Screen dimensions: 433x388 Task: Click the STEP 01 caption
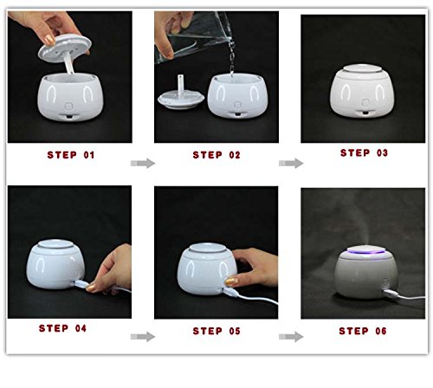[x=71, y=155]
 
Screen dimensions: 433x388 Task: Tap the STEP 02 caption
[x=216, y=155]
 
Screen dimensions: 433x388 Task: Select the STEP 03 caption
[x=364, y=152]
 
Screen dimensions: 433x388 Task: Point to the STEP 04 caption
[x=62, y=328]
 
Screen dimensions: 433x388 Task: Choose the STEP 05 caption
[x=216, y=331]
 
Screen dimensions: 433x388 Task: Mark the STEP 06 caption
[x=363, y=331]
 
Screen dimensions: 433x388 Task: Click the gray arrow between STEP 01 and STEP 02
[x=143, y=163]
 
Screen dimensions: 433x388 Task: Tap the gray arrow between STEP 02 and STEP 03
[x=291, y=163]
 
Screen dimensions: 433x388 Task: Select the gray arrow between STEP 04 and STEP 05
[x=143, y=337]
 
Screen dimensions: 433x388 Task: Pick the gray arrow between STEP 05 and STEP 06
[x=291, y=337]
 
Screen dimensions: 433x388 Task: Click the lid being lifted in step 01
[x=65, y=48]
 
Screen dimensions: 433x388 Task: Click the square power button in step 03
[x=365, y=102]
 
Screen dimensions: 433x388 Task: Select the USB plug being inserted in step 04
[x=80, y=284]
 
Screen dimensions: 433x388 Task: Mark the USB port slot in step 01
[x=68, y=116]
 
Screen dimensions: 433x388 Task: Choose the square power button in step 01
[x=68, y=107]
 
